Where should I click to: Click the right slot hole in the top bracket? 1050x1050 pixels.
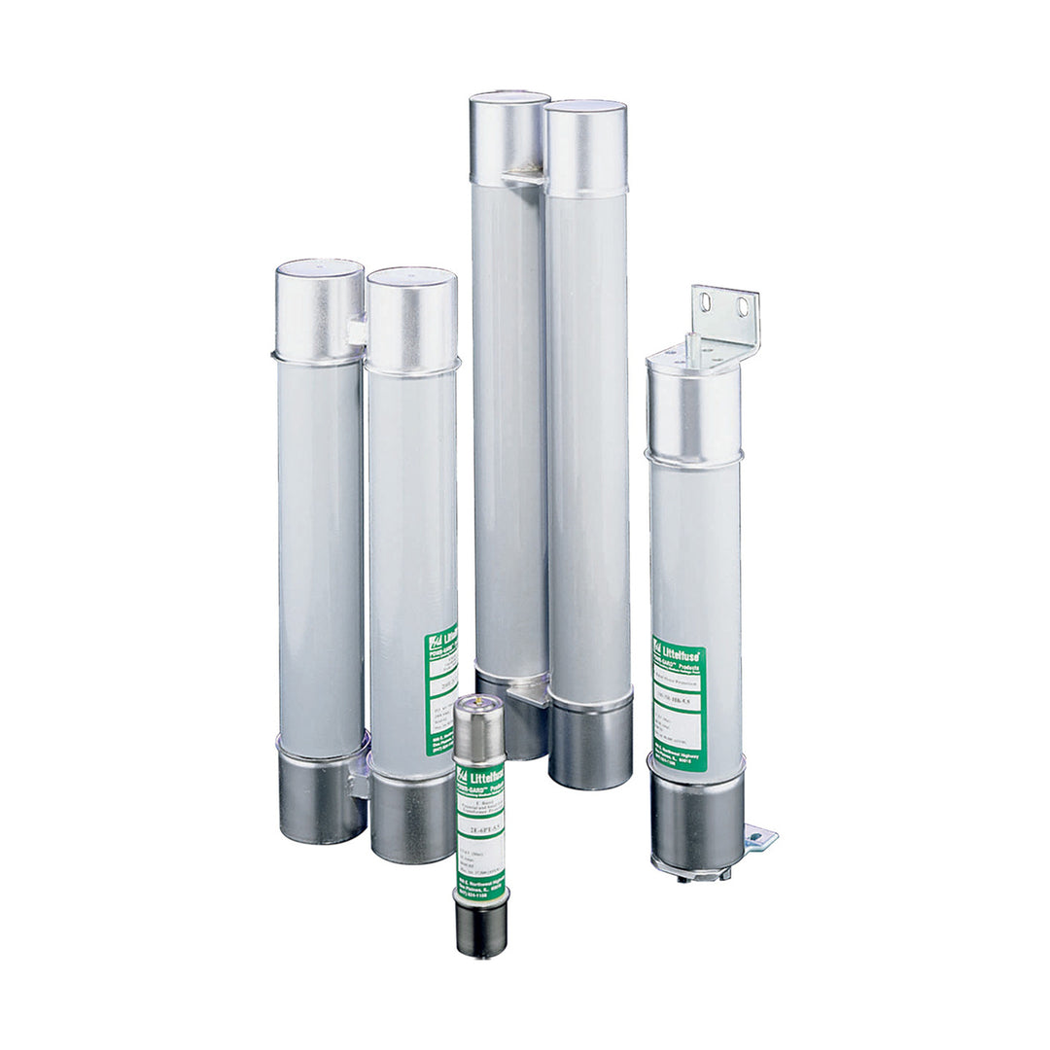pyautogui.click(x=744, y=308)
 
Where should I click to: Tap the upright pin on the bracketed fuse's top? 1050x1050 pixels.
pyautogui.click(x=692, y=349)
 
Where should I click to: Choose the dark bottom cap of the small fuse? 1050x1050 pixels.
pyautogui.click(x=481, y=927)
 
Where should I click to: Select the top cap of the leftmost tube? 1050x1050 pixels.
pyautogui.click(x=320, y=309)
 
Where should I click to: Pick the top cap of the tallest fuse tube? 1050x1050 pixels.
pyautogui.click(x=509, y=136)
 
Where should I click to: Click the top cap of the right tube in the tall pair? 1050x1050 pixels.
pyautogui.click(x=585, y=146)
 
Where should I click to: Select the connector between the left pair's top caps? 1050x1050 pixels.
pyautogui.click(x=358, y=331)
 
